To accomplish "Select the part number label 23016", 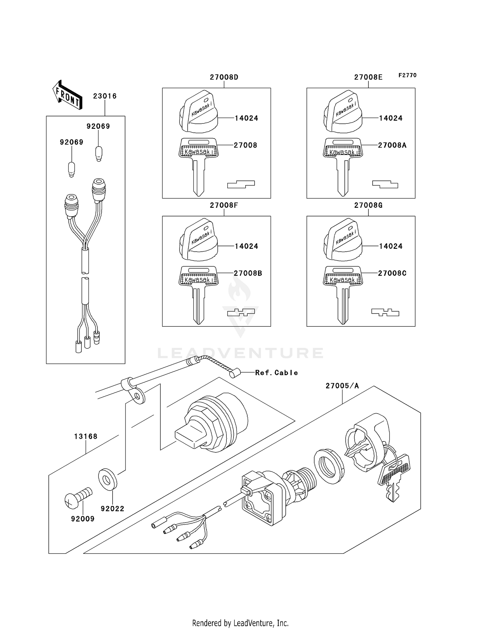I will [105, 96].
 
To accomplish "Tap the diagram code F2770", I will [407, 75].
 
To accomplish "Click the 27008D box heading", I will [224, 77].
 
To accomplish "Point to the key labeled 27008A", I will [343, 164].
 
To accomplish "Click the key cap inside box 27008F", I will [198, 240].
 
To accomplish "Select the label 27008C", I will [392, 273].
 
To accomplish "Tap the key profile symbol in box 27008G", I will [385, 312].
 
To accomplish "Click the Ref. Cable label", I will [276, 373].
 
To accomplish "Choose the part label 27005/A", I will [342, 386].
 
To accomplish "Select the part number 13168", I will [86, 436].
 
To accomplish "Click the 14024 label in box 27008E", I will [391, 118].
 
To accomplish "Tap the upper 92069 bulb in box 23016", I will [99, 153].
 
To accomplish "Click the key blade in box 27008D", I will [198, 178].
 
